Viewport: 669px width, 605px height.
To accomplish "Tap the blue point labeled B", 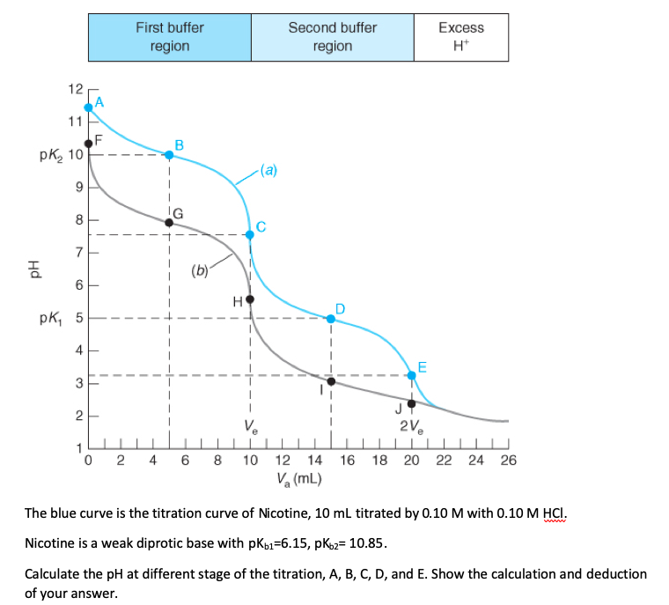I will pyautogui.click(x=169, y=155).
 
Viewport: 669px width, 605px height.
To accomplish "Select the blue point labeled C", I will pyautogui.click(x=250, y=234).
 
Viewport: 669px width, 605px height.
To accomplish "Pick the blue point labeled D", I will pyautogui.click(x=331, y=318).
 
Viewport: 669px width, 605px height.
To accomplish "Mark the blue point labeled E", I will pyautogui.click(x=411, y=375).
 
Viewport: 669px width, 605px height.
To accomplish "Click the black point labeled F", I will pyautogui.click(x=88, y=143).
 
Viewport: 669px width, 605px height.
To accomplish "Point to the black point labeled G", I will pyautogui.click(x=169, y=222).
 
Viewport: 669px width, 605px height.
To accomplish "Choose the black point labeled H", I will pyautogui.click(x=250, y=299).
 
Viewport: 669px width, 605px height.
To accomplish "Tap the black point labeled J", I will pyautogui.click(x=411, y=403).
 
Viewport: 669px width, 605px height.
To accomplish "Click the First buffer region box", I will pyautogui.click(x=169, y=37).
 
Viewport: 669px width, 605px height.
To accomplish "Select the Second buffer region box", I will pyautogui.click(x=332, y=37).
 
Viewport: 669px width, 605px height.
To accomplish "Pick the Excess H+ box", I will pyautogui.click(x=460, y=37).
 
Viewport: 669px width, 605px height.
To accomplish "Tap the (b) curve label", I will pyautogui.click(x=199, y=269).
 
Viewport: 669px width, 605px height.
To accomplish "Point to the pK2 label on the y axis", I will pyautogui.click(x=55, y=155).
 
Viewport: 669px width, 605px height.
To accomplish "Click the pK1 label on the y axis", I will pyautogui.click(x=55, y=318).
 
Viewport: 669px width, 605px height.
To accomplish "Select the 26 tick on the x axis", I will pyautogui.click(x=509, y=459).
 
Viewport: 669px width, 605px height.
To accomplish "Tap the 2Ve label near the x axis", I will pyautogui.click(x=411, y=427).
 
